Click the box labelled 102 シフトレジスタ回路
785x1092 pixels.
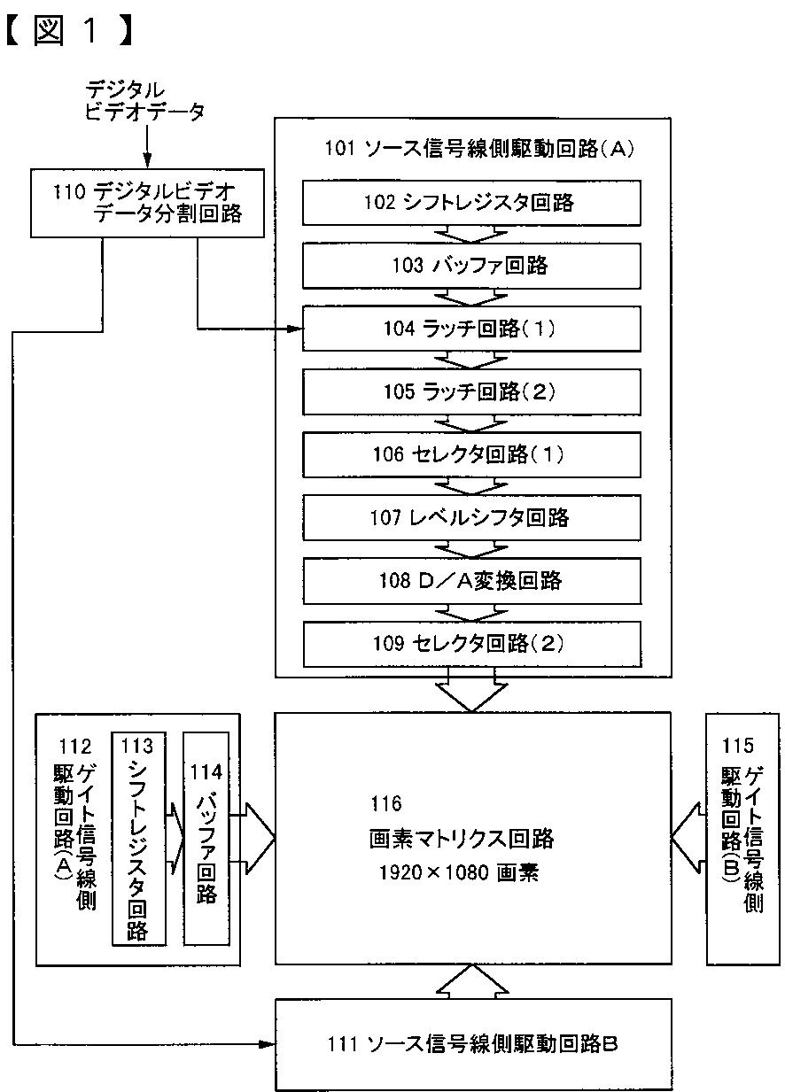tap(471, 202)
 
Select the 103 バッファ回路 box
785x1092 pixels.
tap(471, 265)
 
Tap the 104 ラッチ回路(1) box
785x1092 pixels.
tap(471, 329)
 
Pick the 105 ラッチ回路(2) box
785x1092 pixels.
tap(471, 391)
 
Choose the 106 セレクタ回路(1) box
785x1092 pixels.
tap(471, 454)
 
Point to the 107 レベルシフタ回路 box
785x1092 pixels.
tap(471, 517)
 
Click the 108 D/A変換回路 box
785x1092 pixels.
tap(471, 581)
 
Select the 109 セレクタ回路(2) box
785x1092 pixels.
tap(471, 644)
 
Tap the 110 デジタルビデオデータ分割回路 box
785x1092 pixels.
tap(147, 202)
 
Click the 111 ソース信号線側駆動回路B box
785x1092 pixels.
tap(471, 1044)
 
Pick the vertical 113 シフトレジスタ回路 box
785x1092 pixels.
tap(140, 837)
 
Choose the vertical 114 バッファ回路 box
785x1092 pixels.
tap(206, 837)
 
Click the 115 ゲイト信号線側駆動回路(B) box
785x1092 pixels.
tap(742, 837)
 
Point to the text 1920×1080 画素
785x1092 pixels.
tap(459, 871)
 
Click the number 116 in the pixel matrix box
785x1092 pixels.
tap(385, 804)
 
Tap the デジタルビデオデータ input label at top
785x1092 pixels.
tap(145, 100)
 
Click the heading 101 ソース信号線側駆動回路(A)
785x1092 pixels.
tap(470, 148)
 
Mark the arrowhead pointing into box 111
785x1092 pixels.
tap(268, 1045)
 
